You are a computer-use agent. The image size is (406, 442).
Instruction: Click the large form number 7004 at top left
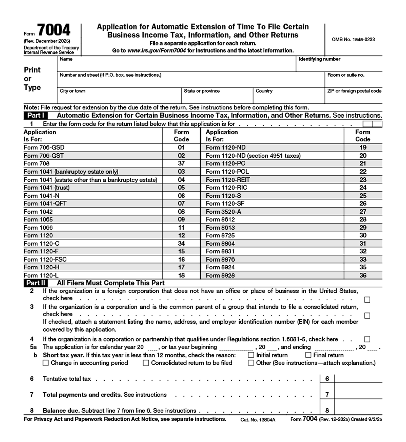pyautogui.click(x=54, y=30)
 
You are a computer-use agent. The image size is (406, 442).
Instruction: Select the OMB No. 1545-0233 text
pyautogui.click(x=353, y=40)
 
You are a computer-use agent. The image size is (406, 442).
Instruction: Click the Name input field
pyautogui.click(x=177, y=66)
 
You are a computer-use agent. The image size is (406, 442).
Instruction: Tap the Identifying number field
pyautogui.click(x=339, y=66)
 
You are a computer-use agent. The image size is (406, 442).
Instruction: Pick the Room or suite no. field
pyautogui.click(x=353, y=82)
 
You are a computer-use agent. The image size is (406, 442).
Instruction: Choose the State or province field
pyautogui.click(x=217, y=98)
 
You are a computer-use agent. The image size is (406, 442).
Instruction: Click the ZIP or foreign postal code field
pyautogui.click(x=353, y=98)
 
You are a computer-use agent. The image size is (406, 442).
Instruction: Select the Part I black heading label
pyautogui.click(x=36, y=115)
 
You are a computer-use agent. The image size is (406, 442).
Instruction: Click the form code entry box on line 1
pyautogui.click(x=372, y=124)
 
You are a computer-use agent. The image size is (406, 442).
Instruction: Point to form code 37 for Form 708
pyautogui.click(x=181, y=163)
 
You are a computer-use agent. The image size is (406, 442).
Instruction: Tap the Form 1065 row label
pyautogui.click(x=38, y=219)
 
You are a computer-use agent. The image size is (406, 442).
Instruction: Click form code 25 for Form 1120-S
pyautogui.click(x=363, y=196)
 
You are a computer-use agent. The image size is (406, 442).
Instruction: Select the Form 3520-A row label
pyautogui.click(x=223, y=212)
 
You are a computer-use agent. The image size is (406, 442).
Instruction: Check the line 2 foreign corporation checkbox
pyautogui.click(x=367, y=300)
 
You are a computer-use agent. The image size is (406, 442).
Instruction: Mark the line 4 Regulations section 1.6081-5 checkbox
pyautogui.click(x=367, y=339)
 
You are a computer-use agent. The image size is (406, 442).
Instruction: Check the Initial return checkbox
pyautogui.click(x=251, y=355)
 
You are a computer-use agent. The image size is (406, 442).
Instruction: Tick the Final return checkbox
pyautogui.click(x=308, y=355)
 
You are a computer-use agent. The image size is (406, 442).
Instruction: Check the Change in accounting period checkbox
pyautogui.click(x=46, y=363)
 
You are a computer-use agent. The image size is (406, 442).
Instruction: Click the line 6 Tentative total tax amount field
pyautogui.click(x=358, y=379)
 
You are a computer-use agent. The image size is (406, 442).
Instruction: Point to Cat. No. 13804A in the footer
pyautogui.click(x=258, y=420)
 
